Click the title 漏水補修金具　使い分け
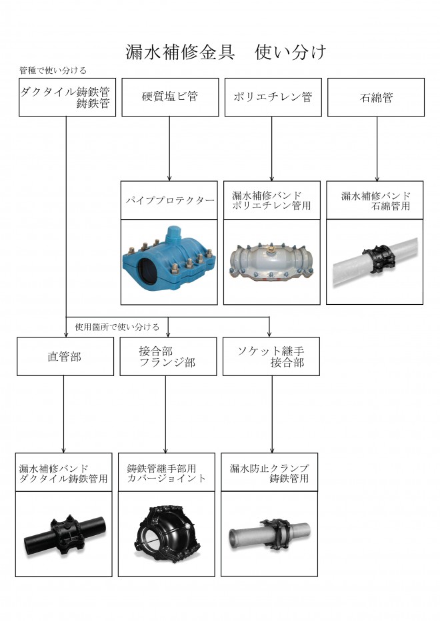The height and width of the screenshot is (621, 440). point(226,52)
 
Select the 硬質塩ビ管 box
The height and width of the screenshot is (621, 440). point(170,97)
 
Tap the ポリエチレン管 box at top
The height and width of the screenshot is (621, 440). point(273,97)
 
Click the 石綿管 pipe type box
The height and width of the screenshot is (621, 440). point(376,97)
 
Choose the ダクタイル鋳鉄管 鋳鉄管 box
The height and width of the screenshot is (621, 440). point(67,97)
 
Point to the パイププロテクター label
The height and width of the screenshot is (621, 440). point(169,200)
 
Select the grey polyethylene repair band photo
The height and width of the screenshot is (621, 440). point(272,262)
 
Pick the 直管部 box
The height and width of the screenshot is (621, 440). point(65,357)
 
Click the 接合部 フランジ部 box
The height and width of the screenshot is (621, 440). point(168,357)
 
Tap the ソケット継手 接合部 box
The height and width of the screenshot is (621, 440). point(271,357)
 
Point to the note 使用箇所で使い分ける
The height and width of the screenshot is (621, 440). point(117,327)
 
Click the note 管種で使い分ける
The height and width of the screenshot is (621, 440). point(53,71)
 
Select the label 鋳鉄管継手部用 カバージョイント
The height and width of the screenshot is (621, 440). point(167,473)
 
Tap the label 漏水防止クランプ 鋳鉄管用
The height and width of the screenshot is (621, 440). point(269,473)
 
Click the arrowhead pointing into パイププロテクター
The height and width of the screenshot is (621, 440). point(169,178)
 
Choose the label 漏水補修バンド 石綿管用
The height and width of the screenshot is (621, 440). point(375,200)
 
